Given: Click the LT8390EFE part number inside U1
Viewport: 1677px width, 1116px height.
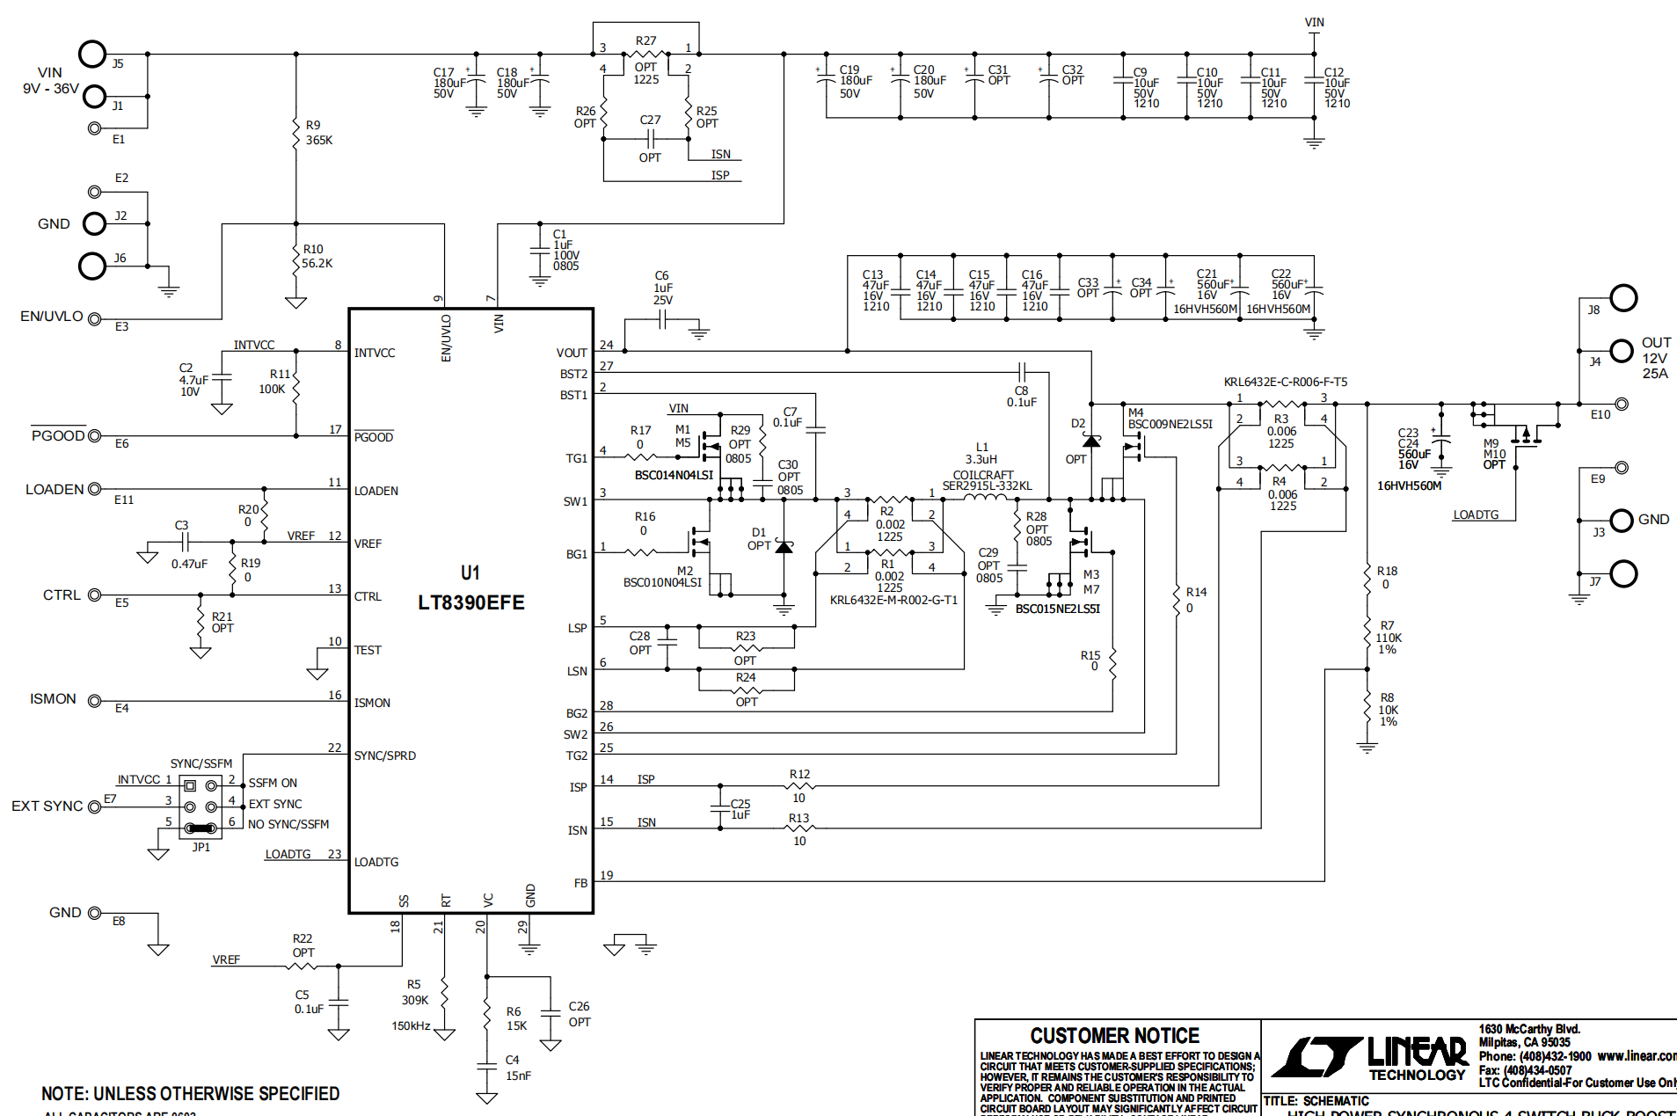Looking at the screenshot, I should [470, 602].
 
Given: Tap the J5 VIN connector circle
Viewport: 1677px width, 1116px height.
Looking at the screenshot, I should [92, 55].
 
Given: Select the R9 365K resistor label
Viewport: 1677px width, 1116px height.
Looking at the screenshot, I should [318, 133].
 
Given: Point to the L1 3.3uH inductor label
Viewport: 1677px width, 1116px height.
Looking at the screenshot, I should [981, 453].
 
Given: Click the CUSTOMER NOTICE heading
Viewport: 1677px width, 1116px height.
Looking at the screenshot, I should [1114, 1036].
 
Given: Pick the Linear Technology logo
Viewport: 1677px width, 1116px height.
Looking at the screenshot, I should [1368, 1058].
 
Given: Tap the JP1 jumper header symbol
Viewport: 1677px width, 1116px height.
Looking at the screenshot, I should [201, 806].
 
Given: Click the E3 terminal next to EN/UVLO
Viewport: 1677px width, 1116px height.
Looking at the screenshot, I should [95, 319].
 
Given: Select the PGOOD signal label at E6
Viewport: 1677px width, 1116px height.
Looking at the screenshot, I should [58, 436].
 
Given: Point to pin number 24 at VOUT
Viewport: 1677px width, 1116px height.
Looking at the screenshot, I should [606, 345].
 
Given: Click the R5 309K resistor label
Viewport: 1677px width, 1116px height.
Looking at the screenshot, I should [414, 993].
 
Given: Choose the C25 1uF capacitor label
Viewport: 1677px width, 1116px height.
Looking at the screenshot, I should [740, 809].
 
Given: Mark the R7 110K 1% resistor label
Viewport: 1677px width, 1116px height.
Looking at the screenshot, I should [1388, 638].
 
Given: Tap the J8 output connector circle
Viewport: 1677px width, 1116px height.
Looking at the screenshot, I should [1623, 298].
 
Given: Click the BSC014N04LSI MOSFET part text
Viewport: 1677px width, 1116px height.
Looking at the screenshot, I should [674, 475].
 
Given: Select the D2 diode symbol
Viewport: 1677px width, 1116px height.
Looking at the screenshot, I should [1091, 441].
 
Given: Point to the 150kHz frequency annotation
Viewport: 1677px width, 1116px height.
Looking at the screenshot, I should [411, 1026].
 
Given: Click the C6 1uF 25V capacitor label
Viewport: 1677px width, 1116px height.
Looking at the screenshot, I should [662, 288].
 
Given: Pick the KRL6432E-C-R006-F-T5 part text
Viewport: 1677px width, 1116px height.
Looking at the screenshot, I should [1285, 382].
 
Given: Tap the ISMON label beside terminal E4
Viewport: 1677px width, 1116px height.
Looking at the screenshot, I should [53, 699].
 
